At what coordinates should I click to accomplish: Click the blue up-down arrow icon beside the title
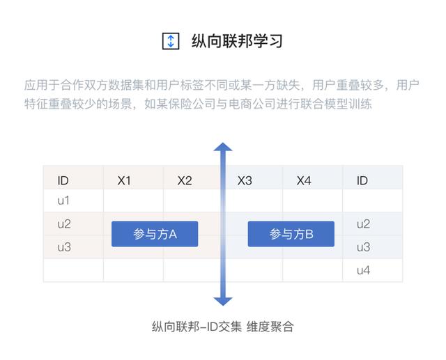[x=171, y=41]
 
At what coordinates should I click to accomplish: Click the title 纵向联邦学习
[x=237, y=41]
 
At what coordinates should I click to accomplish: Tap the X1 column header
[x=124, y=180]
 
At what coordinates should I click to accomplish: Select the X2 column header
[x=185, y=180]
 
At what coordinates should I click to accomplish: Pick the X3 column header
[x=245, y=180]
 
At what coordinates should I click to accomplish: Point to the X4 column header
[x=304, y=180]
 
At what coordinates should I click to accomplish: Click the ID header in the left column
[x=63, y=180]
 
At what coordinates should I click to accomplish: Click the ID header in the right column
[x=362, y=180]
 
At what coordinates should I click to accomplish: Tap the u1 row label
[x=63, y=201]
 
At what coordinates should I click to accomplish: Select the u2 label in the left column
[x=64, y=224]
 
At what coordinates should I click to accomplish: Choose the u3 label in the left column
[x=64, y=247]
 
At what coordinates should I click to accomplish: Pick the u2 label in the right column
[x=363, y=224]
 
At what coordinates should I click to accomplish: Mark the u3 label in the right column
[x=363, y=247]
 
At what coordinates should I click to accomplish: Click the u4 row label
[x=363, y=270]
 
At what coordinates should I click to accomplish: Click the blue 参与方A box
[x=155, y=234]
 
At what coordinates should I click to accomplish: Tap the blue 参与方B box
[x=291, y=234]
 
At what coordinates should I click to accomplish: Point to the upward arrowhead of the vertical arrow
[x=223, y=147]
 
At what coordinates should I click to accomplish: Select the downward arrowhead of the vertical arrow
[x=223, y=302]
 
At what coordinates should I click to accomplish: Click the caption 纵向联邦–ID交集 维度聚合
[x=223, y=327]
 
